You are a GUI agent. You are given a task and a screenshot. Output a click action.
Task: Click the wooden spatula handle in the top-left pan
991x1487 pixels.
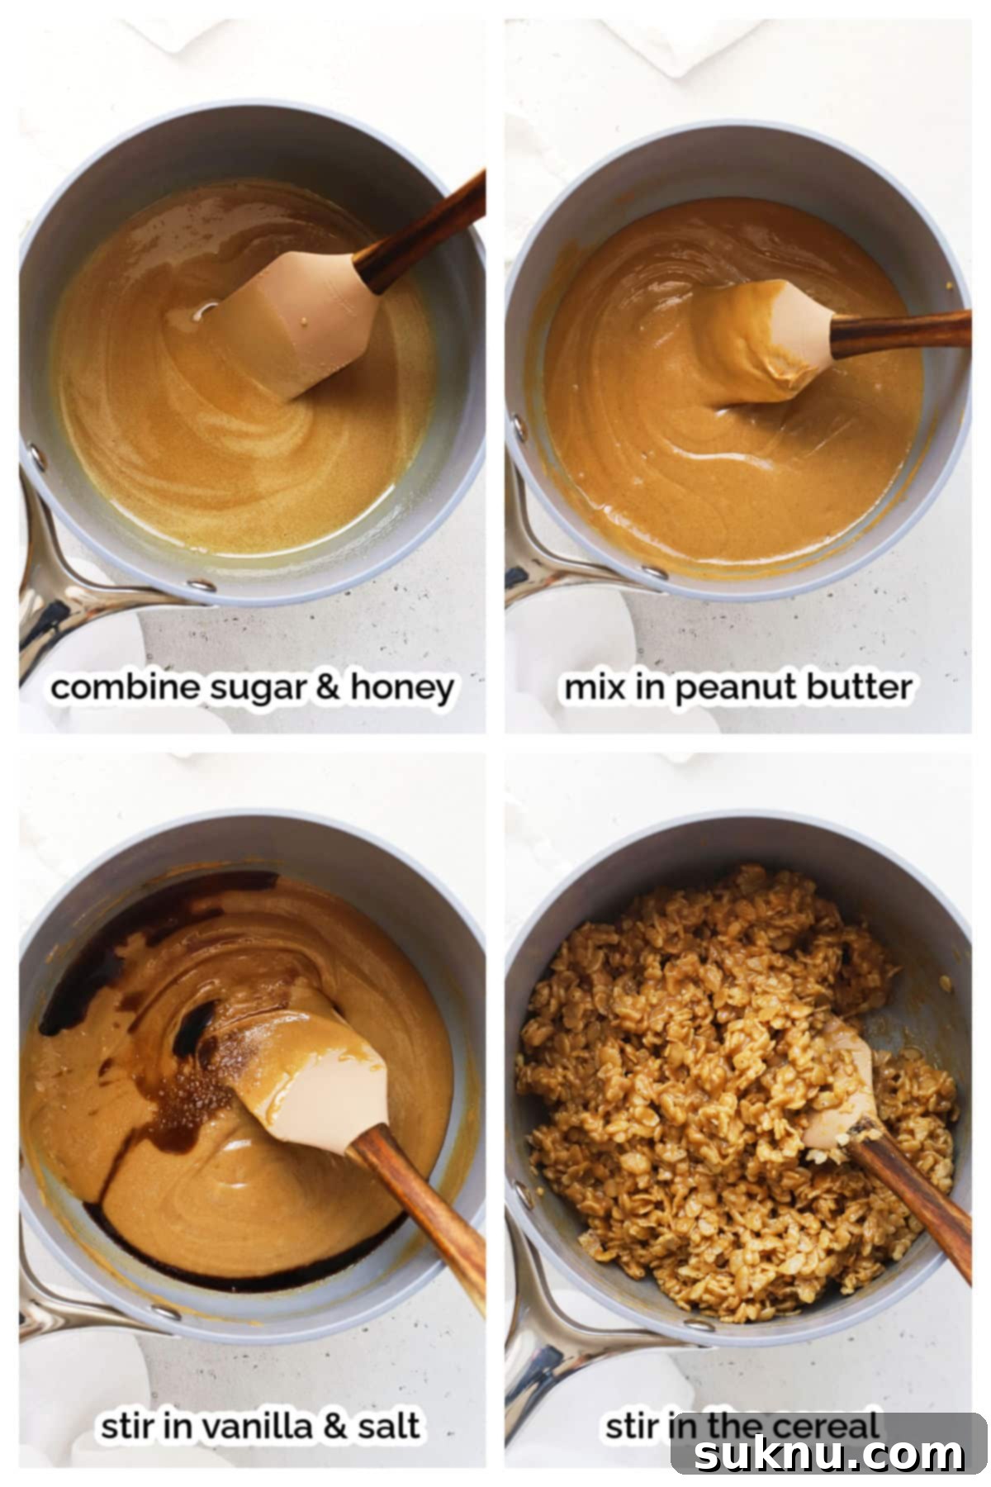421,231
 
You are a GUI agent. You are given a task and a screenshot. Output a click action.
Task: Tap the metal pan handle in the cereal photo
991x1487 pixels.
537,1355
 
